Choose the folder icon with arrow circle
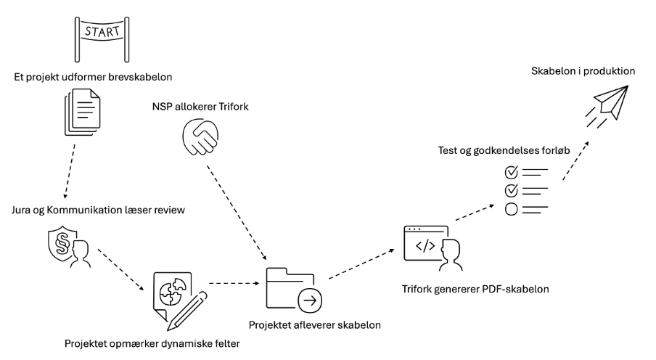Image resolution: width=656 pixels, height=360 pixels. tap(292, 290)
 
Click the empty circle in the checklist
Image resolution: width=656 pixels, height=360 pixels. tap(510, 210)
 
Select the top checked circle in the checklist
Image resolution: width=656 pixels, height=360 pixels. tap(510, 172)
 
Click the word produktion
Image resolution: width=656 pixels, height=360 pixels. tap(608, 71)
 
